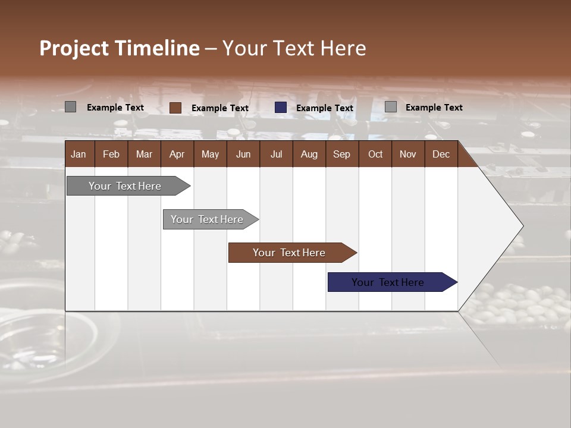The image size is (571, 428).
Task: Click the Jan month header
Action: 79,154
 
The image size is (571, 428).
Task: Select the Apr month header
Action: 177,154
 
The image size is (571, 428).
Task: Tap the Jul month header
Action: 276,154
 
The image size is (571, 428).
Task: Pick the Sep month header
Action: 341,154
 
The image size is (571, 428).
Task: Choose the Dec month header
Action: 441,154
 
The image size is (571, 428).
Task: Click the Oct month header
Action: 375,154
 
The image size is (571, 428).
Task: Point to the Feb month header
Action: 111,154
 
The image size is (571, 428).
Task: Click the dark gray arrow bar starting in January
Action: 125,186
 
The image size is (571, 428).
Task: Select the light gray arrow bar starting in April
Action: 207,219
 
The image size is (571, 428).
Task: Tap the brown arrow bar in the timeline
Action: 289,253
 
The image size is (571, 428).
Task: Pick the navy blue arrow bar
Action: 388,282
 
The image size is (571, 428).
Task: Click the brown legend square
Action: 175,108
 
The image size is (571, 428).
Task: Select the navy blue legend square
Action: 281,108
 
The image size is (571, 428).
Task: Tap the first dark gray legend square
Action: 71,107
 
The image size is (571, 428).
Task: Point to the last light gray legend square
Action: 391,107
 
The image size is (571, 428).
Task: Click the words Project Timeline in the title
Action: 120,48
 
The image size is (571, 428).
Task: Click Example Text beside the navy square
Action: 325,108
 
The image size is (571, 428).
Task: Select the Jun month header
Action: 243,154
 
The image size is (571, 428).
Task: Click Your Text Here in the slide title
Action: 294,48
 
